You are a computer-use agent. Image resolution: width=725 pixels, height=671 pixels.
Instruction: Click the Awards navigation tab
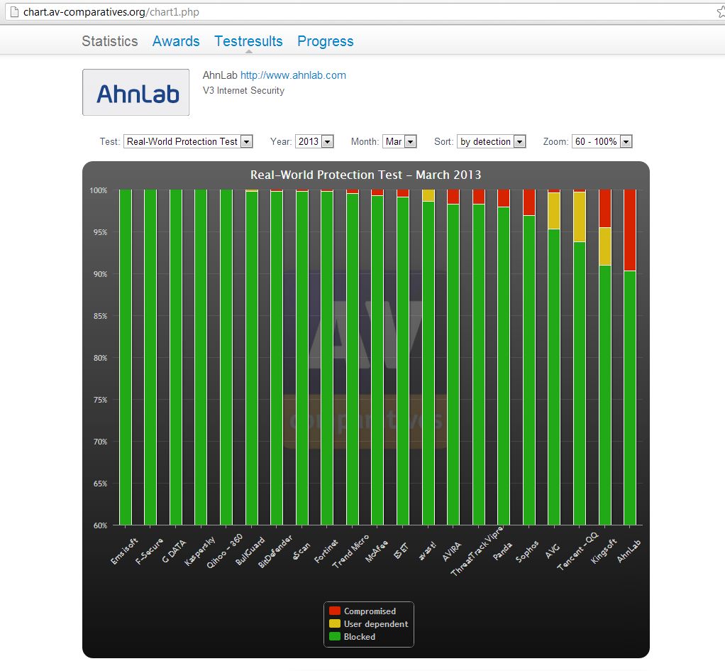tap(176, 41)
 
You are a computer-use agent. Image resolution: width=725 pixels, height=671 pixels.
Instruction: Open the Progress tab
tap(325, 41)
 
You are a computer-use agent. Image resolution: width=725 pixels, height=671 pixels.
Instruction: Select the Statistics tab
tap(110, 41)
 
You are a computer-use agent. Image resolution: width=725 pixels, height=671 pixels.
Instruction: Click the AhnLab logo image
tap(136, 92)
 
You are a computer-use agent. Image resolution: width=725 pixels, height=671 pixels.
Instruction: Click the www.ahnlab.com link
tap(293, 75)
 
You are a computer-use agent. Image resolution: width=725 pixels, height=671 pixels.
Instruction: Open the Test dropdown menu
tap(188, 141)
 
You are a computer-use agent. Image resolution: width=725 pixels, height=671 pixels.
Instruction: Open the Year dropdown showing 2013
tap(314, 141)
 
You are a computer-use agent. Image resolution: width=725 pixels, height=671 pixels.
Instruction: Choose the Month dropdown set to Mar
tap(399, 141)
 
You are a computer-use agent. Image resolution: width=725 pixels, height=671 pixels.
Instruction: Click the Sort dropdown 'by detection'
tap(491, 141)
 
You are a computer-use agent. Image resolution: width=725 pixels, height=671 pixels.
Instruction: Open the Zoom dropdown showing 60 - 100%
tap(602, 141)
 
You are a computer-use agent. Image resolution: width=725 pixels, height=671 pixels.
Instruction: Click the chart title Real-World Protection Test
tap(365, 175)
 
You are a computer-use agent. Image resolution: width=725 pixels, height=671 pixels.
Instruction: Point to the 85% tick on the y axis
tap(98, 316)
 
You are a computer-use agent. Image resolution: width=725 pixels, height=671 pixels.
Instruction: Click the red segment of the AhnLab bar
tap(629, 230)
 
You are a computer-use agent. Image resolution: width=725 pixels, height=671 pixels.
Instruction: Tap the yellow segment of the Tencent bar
tap(580, 217)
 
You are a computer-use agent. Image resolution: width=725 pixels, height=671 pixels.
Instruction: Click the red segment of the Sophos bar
tap(528, 202)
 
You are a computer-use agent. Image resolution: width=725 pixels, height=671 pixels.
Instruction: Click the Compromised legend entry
tap(369, 611)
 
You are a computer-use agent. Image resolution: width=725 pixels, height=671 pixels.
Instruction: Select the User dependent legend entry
tap(375, 623)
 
